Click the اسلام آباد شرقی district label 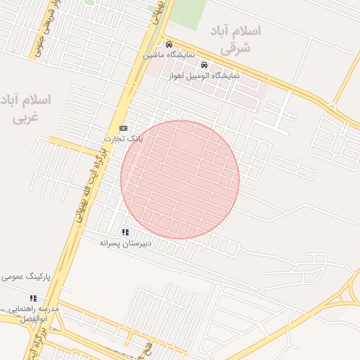coord(235,40)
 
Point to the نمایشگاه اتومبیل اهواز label coord(205,75)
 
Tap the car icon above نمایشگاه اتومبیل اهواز coord(204,65)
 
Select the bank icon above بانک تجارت coord(123,128)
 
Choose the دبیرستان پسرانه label coord(129,243)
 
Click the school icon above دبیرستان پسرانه coord(125,232)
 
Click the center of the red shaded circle coord(180,179)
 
